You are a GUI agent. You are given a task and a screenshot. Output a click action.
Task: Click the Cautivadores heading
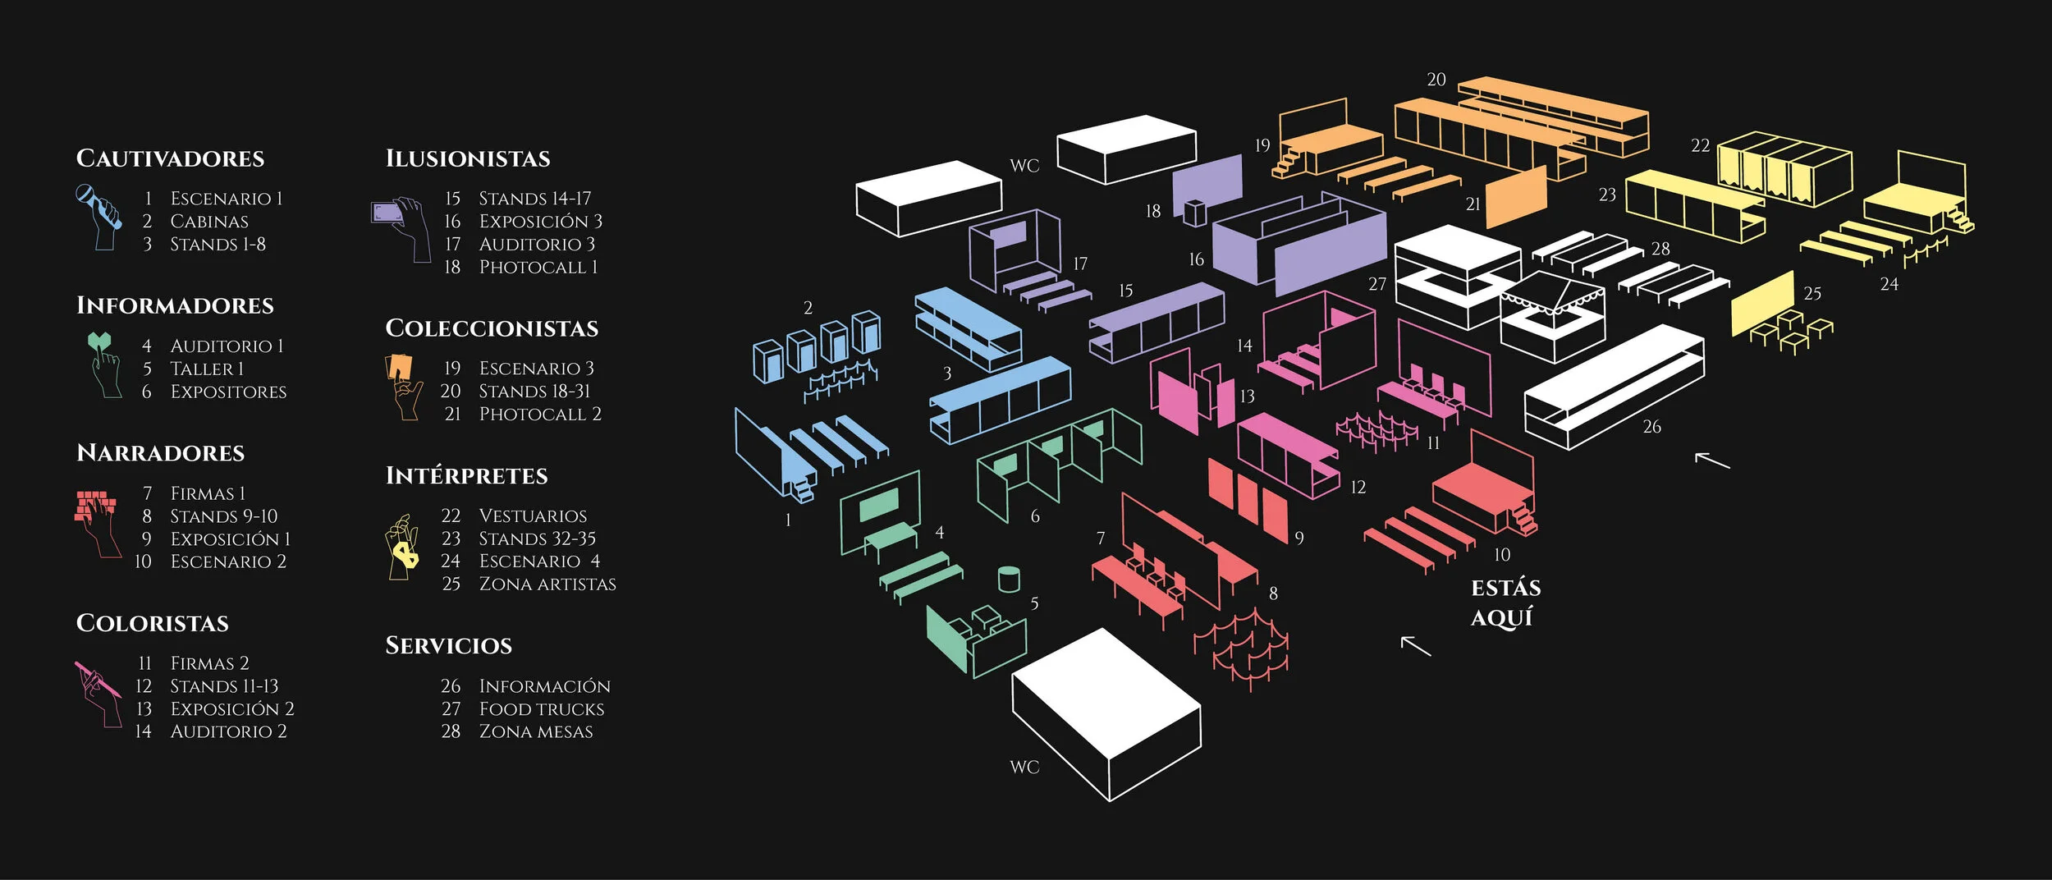(x=170, y=158)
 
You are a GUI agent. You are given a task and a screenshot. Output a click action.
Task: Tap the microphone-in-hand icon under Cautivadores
(x=98, y=216)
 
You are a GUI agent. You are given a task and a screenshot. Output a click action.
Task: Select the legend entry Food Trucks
(x=541, y=708)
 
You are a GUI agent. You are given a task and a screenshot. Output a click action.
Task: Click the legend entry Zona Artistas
(x=547, y=584)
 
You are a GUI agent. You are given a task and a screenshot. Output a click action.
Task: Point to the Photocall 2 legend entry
(x=539, y=414)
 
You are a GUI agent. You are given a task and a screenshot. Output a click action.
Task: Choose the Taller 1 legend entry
(x=207, y=369)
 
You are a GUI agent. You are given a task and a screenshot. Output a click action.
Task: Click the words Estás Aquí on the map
(x=1505, y=603)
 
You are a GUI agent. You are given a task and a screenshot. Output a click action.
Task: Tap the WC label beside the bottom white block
(x=1024, y=767)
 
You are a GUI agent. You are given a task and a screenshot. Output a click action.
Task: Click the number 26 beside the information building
(x=1651, y=427)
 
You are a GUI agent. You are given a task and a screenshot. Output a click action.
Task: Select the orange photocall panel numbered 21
(x=1516, y=197)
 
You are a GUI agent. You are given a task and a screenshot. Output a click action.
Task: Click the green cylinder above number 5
(x=1009, y=579)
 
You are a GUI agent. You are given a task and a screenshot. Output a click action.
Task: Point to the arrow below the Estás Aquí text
(x=1415, y=646)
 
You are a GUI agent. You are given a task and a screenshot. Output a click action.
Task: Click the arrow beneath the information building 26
(x=1711, y=461)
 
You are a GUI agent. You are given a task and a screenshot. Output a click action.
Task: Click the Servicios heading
(x=448, y=645)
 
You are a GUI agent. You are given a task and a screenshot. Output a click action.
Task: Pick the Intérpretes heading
(x=466, y=475)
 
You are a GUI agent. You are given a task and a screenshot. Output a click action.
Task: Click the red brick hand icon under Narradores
(x=98, y=521)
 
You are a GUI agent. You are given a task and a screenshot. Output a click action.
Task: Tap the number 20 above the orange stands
(x=1436, y=80)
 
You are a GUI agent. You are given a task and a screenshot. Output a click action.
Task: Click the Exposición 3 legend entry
(x=540, y=221)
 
